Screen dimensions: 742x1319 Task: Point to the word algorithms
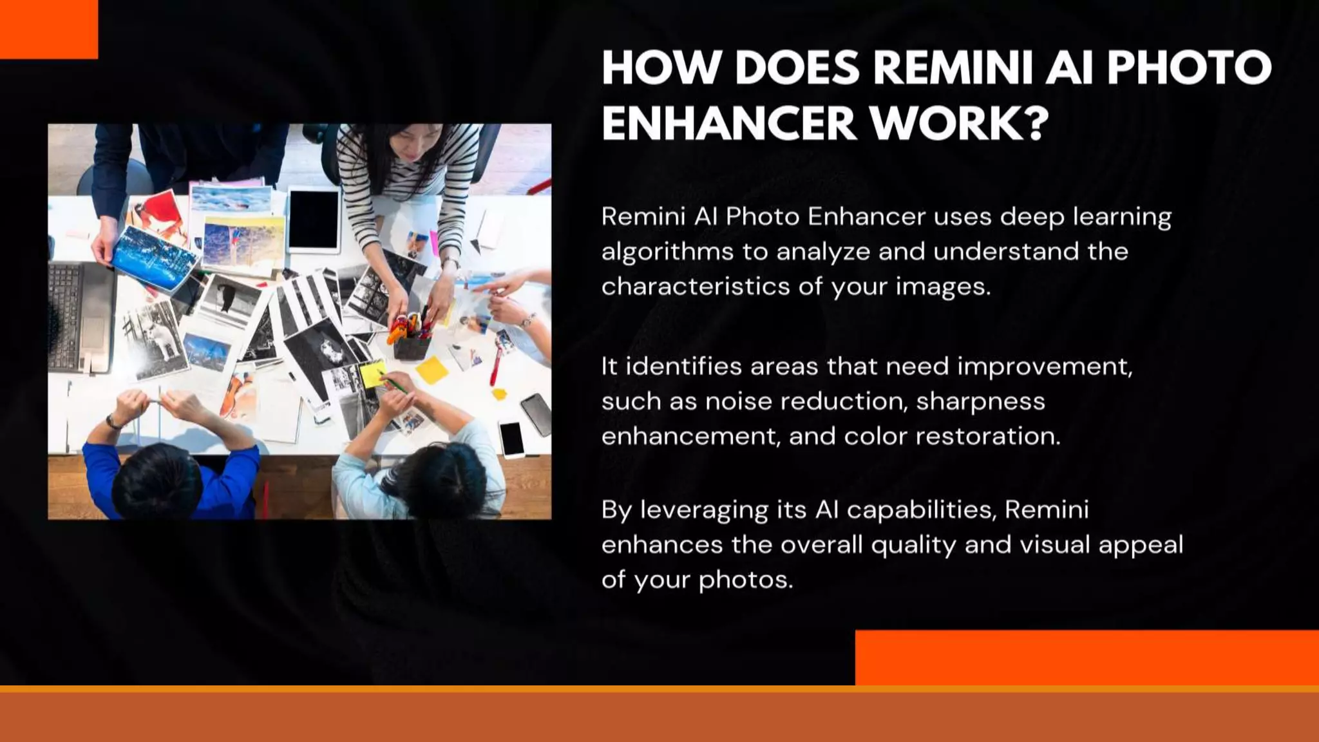click(667, 252)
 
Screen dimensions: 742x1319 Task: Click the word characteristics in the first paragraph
click(696, 287)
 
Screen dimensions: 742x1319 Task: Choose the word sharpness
click(980, 402)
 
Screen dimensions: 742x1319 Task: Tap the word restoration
click(987, 437)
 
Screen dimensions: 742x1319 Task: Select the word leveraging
click(704, 511)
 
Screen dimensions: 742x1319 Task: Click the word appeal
click(1141, 546)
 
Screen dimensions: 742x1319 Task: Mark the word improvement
click(1045, 367)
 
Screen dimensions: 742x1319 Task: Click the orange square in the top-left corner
click(48, 29)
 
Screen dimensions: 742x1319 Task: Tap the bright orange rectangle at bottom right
click(1087, 657)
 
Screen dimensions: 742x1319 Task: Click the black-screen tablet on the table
click(314, 220)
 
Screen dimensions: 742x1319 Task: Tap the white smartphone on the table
click(512, 439)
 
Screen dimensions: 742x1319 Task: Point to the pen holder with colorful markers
click(412, 338)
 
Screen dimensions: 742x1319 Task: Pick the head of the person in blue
click(155, 480)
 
